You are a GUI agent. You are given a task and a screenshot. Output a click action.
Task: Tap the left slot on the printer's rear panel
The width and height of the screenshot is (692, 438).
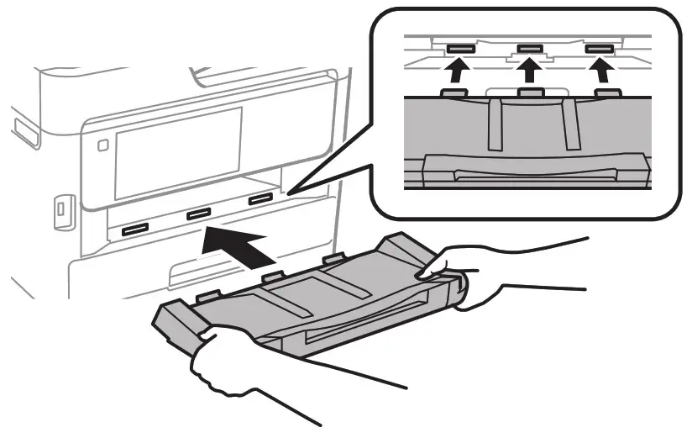135,230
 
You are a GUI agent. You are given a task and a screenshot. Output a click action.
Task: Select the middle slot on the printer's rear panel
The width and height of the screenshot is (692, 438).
198,215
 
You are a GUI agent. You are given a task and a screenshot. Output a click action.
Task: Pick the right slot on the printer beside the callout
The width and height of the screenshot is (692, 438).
260,200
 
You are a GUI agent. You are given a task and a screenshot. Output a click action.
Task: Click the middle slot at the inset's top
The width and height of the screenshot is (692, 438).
529,50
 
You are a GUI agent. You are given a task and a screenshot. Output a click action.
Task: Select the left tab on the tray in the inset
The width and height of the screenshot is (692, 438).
454,92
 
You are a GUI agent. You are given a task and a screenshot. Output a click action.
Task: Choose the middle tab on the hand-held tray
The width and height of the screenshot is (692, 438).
271,277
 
